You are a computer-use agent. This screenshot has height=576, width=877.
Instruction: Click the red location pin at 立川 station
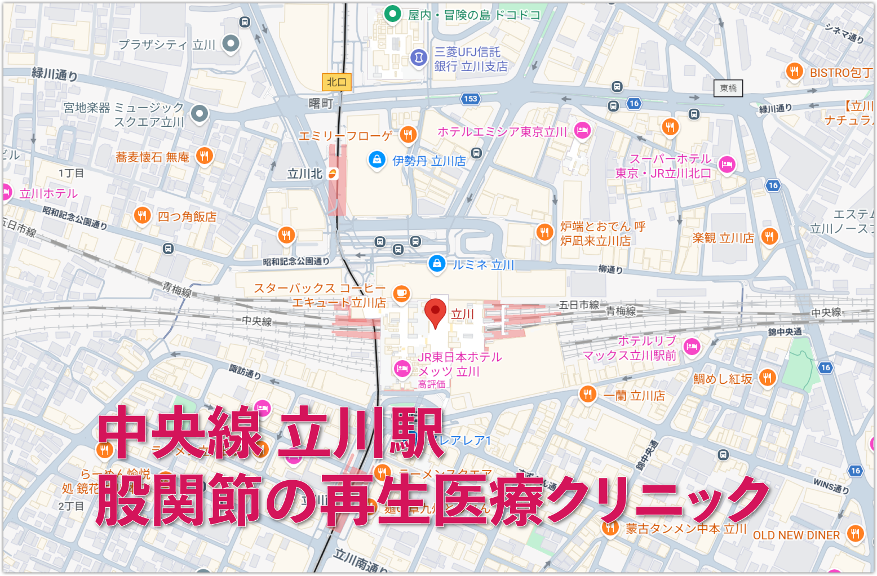pos(435,312)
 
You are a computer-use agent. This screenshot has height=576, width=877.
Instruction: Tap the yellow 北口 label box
pos(336,82)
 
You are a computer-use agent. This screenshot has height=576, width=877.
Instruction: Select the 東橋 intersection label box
pos(728,88)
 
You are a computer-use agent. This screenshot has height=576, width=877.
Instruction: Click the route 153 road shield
pos(470,99)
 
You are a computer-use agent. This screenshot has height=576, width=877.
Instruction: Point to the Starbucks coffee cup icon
pos(401,293)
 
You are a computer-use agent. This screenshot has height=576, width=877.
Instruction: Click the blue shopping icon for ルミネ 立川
pos(436,263)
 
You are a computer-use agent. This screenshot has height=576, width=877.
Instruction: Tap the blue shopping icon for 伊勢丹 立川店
pos(377,159)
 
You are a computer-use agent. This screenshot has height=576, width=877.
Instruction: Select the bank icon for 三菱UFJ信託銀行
pos(418,57)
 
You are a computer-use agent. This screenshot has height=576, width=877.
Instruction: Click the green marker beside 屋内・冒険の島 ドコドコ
pos(392,14)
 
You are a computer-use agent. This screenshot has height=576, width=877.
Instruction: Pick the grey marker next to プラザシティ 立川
pos(231,43)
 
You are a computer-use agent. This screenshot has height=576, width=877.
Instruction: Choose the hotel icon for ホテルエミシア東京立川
pos(582,131)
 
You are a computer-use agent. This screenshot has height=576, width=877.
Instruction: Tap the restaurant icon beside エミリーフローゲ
pos(408,134)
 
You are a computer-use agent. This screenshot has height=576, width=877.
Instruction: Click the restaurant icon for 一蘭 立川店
pos(587,394)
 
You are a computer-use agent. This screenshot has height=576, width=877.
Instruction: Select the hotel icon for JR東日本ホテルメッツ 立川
pos(401,369)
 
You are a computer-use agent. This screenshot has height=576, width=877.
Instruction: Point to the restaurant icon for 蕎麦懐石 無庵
pos(205,156)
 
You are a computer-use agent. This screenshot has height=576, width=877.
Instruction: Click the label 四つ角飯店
pos(187,216)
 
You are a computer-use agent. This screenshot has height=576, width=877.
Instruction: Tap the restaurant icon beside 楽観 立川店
pos(769,236)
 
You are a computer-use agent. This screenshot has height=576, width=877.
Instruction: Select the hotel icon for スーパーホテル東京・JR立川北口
pos(727,165)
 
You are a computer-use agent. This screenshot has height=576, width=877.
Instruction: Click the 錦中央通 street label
pos(785,332)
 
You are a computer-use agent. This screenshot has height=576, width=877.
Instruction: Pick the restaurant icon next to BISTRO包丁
pos(794,72)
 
